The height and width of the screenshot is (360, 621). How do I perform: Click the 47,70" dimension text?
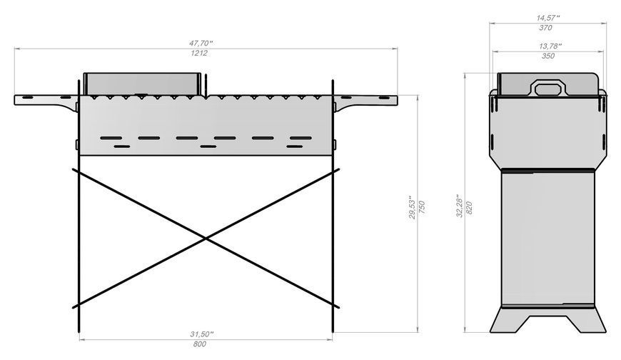tap(201, 43)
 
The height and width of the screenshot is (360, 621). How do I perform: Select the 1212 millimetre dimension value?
tap(199, 53)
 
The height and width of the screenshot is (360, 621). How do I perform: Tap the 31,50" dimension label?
tap(201, 334)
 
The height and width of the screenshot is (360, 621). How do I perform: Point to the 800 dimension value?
tap(200, 344)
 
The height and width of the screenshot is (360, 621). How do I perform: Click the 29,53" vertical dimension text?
tap(413, 207)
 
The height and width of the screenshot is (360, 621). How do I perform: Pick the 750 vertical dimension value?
tap(422, 207)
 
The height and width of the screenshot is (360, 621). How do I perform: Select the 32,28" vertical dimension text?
tap(460, 206)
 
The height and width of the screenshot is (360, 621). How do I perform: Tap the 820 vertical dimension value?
tap(469, 208)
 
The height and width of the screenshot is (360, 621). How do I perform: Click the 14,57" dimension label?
tap(547, 18)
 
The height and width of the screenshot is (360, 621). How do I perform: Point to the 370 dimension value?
tap(545, 28)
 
